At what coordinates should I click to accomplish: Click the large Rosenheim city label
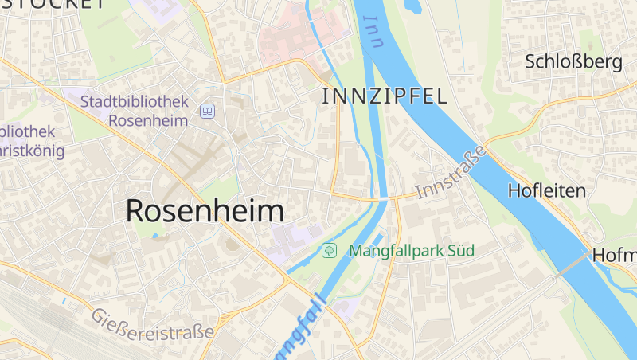205,210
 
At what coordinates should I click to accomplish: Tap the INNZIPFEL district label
384,97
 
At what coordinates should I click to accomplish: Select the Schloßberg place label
573,62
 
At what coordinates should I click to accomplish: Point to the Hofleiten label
546,190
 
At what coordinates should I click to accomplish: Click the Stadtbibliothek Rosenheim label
136,112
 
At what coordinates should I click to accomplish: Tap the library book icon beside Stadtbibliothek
208,111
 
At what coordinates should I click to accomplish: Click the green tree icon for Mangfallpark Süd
329,251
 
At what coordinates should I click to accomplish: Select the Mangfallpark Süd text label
411,251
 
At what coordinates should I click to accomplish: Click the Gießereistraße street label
153,323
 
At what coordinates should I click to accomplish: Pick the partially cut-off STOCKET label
53,4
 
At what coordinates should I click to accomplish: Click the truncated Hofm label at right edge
614,256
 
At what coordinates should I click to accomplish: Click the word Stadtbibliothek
135,102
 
